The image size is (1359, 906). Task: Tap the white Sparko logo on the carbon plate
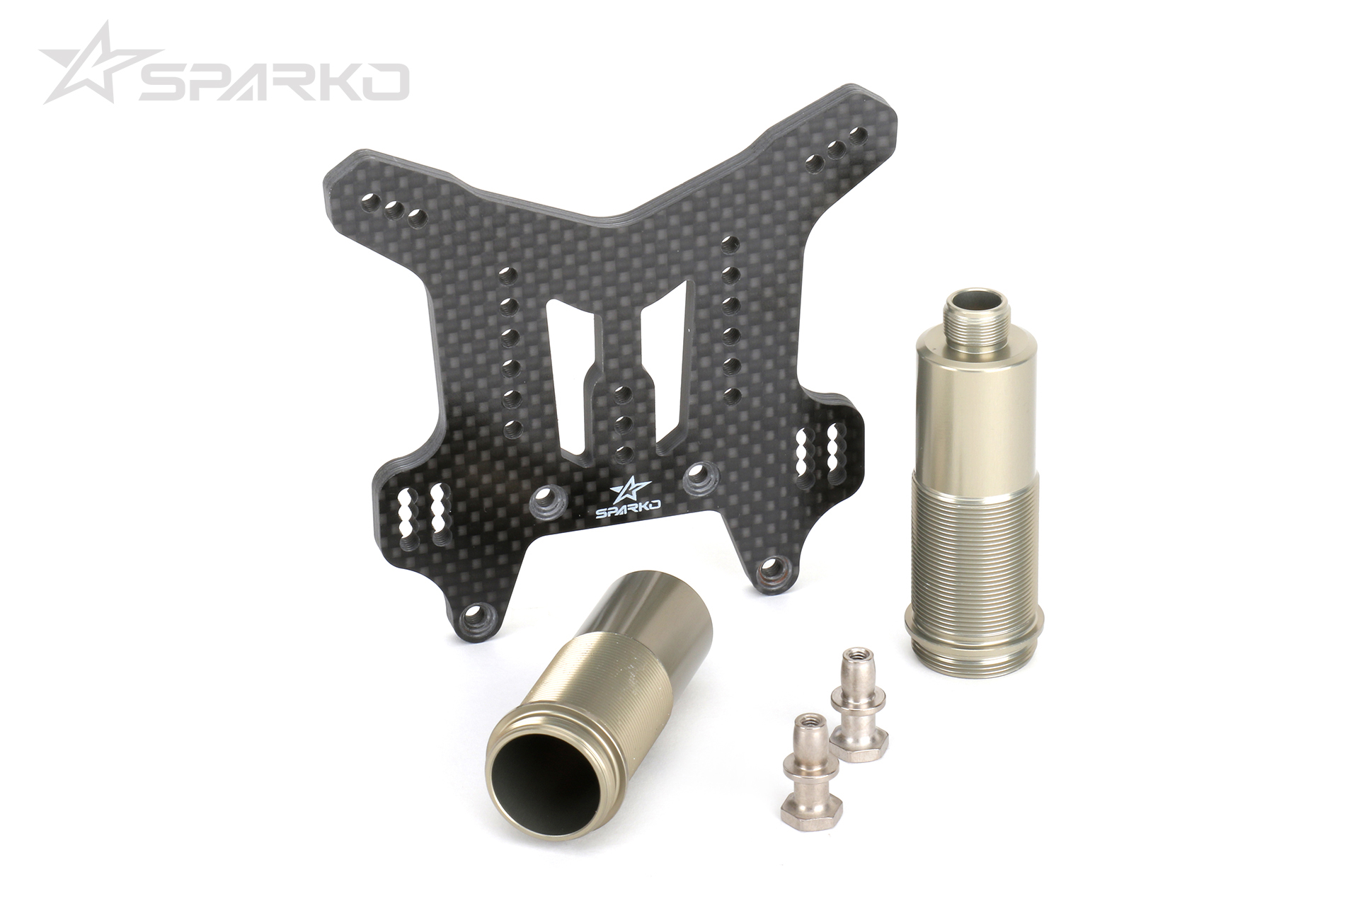click(x=629, y=498)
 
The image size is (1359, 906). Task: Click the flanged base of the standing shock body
click(x=974, y=636)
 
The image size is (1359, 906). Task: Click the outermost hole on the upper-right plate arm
click(x=858, y=136)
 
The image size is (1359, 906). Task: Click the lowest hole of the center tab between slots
click(x=622, y=453)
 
